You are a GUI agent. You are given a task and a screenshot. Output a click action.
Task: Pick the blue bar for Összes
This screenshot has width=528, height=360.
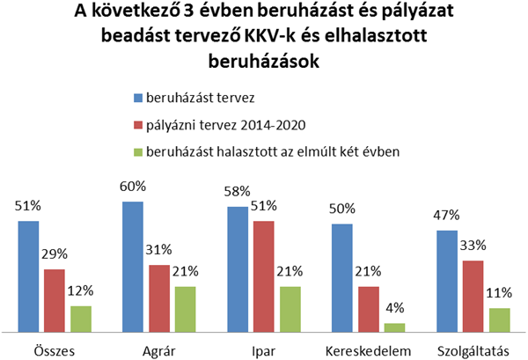(29, 276)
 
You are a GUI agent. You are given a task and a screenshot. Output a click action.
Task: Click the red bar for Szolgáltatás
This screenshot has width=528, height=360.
(472, 297)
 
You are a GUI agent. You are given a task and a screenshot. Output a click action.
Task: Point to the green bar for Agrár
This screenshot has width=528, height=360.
(184, 309)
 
